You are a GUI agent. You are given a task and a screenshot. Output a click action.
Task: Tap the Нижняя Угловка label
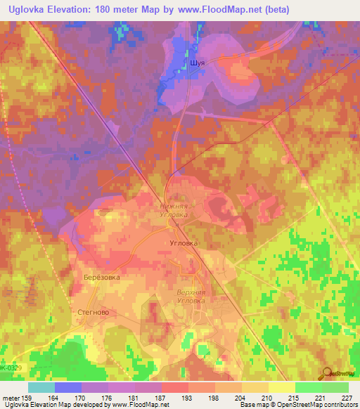176,211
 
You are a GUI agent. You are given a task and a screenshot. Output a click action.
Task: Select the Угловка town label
185,242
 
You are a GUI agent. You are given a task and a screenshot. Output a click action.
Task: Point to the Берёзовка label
101,277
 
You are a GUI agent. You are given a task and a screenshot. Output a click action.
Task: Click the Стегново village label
92,310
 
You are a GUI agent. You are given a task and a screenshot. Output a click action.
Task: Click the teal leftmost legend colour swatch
41,387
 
